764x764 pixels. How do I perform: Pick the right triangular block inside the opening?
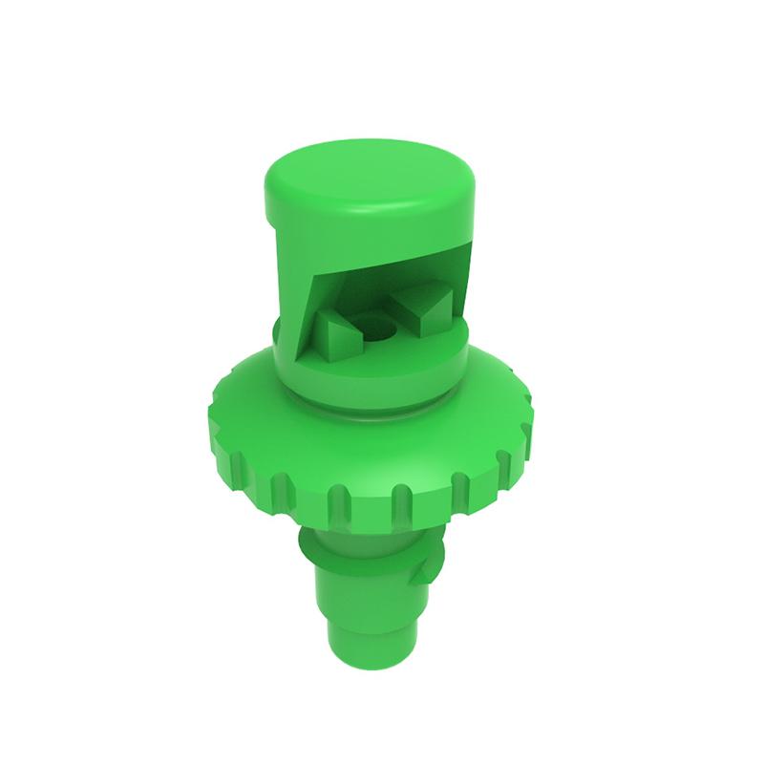coord(426,307)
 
